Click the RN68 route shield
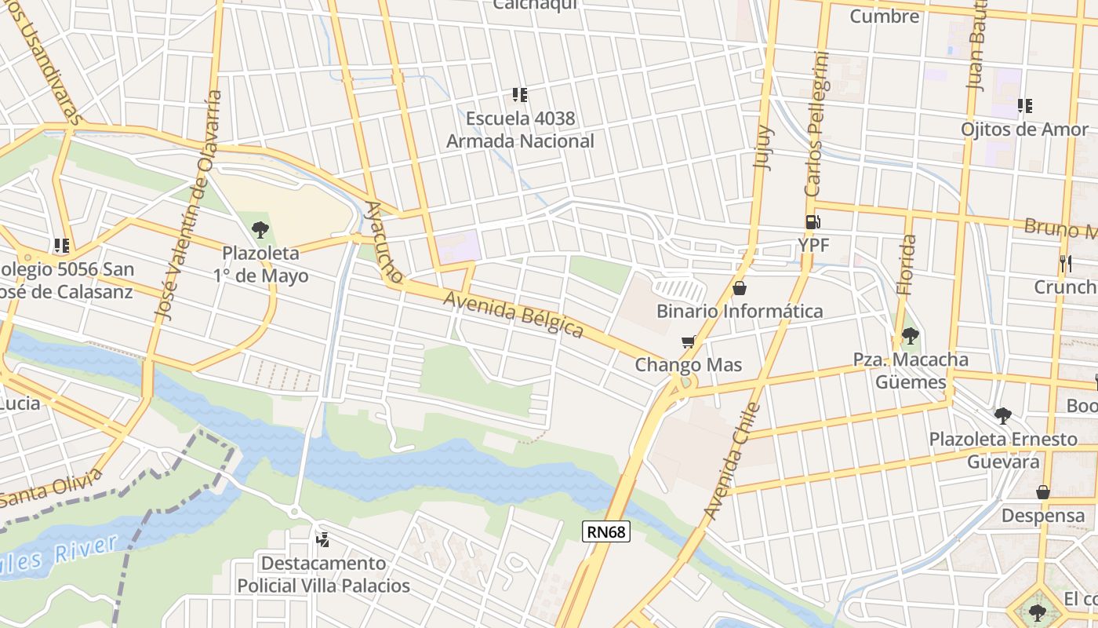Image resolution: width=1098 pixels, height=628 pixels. pyautogui.click(x=607, y=532)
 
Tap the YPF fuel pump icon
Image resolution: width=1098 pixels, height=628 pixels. pyautogui.click(x=813, y=223)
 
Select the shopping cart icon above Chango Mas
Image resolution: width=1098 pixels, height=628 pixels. pyautogui.click(x=688, y=342)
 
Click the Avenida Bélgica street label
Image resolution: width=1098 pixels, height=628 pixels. pyautogui.click(x=514, y=314)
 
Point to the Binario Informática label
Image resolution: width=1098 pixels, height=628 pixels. pyautogui.click(x=740, y=311)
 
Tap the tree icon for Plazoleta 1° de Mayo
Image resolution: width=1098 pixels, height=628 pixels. pyautogui.click(x=260, y=230)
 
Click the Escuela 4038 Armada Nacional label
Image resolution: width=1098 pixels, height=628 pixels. pyautogui.click(x=520, y=130)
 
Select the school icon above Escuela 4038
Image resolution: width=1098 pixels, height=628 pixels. pyautogui.click(x=519, y=95)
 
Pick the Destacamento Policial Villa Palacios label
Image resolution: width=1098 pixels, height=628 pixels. pyautogui.click(x=323, y=575)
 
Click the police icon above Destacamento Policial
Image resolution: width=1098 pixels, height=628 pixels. pyautogui.click(x=322, y=539)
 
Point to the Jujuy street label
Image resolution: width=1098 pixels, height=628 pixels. pyautogui.click(x=762, y=147)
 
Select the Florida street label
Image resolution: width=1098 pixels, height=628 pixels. pyautogui.click(x=906, y=265)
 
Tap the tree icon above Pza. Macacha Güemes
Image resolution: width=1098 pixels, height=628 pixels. pyautogui.click(x=910, y=337)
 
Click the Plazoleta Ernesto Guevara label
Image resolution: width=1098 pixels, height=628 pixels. pyautogui.click(x=1003, y=450)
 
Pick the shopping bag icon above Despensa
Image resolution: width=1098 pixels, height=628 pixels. pyautogui.click(x=1043, y=492)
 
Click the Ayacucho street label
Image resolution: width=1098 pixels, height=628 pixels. pyautogui.click(x=384, y=243)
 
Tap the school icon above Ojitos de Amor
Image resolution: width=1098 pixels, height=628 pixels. pyautogui.click(x=1024, y=105)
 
